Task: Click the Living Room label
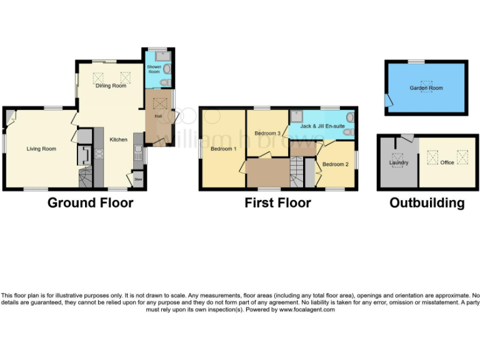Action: [41, 149]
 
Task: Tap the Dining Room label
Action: [111, 86]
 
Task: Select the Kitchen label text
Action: [119, 139]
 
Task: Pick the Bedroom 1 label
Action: [223, 149]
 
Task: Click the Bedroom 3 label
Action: [267, 133]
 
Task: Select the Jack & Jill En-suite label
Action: [322, 126]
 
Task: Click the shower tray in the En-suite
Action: [296, 116]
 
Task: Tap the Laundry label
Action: [399, 163]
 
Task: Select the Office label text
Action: [447, 162]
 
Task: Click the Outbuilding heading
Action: [426, 203]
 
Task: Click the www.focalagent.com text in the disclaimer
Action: [307, 309]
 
